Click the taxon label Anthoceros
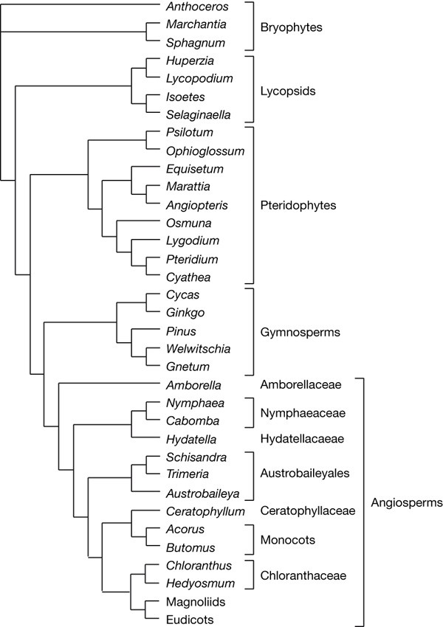196,7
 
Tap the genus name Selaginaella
198,115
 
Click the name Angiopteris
195,204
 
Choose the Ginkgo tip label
185,313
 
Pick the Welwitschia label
197,349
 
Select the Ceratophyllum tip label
204,510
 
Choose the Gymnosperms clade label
300,331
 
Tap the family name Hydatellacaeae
303,439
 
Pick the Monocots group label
289,539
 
